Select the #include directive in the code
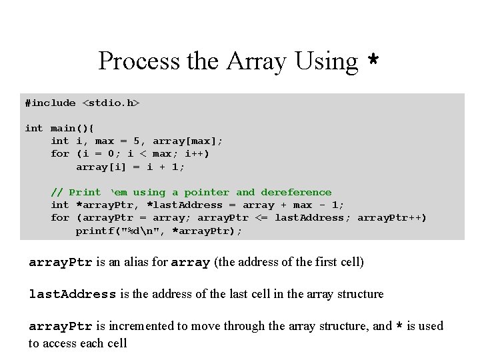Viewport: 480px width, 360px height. tap(50, 103)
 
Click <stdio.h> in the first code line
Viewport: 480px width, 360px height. tap(111, 103)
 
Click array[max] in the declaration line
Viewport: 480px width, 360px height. tap(188, 141)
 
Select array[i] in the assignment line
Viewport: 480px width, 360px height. tap(98, 167)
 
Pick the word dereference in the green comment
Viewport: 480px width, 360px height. tap(296, 192)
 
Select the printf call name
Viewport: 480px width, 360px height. tap(95, 231)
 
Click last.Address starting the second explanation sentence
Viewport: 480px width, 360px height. tap(73, 293)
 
